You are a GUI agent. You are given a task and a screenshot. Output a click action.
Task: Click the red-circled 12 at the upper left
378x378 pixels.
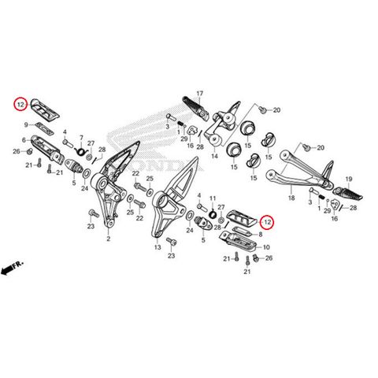[x=21, y=103]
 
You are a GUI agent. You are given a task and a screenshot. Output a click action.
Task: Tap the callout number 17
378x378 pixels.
[x=200, y=94]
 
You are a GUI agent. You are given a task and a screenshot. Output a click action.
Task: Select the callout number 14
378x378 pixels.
[x=213, y=157]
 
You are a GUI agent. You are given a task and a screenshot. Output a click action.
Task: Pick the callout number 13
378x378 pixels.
[x=157, y=247]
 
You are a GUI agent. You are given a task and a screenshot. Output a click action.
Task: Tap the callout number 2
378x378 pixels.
[x=108, y=238]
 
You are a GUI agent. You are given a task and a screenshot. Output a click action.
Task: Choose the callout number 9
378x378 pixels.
[x=28, y=124]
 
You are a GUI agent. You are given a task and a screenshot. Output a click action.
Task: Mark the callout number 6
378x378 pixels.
[x=25, y=140]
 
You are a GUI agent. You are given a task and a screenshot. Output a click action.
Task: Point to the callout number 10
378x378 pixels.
[x=265, y=246]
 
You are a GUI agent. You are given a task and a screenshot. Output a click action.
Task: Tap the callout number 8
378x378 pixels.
[x=261, y=235]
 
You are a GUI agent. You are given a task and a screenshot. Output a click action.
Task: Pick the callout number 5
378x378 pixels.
[x=75, y=182]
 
